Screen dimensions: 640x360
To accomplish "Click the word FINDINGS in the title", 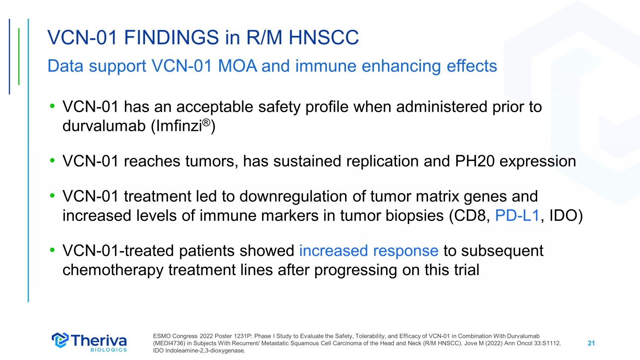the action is [x=172, y=38].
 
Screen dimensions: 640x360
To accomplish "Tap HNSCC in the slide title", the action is [x=324, y=38].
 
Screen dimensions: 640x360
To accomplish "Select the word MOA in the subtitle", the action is [x=237, y=66].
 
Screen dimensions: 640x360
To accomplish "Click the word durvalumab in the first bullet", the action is [x=104, y=126].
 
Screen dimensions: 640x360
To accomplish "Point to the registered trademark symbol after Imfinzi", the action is [x=206, y=122].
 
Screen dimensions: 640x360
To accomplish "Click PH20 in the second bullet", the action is [x=474, y=161].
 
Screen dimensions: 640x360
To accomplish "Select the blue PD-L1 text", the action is [x=517, y=215].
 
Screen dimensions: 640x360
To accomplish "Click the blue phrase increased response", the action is [x=369, y=251].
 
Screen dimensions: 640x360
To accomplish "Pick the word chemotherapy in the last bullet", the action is [x=113, y=270].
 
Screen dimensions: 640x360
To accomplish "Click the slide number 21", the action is [x=591, y=343].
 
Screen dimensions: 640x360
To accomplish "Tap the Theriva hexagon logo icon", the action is [x=60, y=340].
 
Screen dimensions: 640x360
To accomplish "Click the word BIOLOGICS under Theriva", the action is [x=108, y=350].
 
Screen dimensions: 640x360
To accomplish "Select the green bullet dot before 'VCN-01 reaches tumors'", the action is [x=52, y=160].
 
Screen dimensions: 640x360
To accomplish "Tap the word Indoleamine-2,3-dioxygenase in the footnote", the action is [x=205, y=351].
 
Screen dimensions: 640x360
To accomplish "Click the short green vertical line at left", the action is [x=19, y=57].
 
